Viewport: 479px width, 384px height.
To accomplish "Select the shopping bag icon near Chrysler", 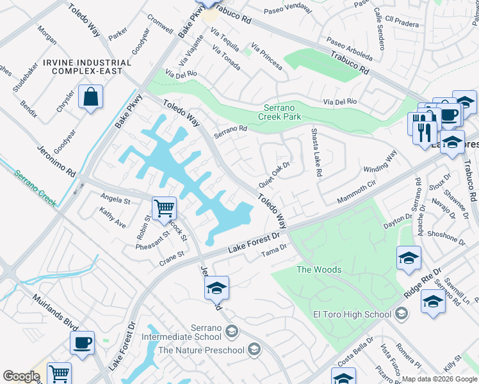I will point(90,98).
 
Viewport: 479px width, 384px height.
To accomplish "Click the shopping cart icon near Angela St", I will point(164,208).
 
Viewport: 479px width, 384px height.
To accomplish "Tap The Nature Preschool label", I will point(201,349).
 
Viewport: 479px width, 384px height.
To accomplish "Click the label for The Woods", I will point(319,269).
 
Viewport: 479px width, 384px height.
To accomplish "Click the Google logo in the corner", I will point(21,376).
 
